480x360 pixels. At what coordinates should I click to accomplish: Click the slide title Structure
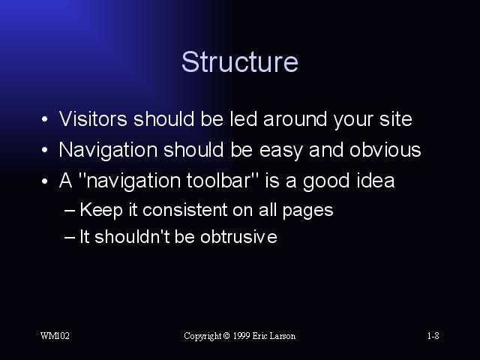[x=240, y=61]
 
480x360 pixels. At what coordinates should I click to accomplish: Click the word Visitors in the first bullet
[x=93, y=118]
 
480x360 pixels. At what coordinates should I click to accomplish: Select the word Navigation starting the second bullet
[x=108, y=151]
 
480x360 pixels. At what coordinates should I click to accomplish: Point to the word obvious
[x=385, y=150]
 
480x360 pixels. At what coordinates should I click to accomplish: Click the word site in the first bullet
[x=396, y=118]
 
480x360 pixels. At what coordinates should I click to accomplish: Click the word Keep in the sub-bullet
[x=101, y=211]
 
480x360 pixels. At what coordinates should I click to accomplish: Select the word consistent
[x=185, y=210]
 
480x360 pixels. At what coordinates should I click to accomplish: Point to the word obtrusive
[x=238, y=237]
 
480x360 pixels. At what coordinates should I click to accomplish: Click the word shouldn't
[x=132, y=237]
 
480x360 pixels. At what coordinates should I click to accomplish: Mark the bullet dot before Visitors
[x=45, y=119]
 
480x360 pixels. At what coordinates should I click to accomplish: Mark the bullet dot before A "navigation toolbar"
[x=45, y=181]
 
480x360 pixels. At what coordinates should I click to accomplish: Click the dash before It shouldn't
[x=70, y=238]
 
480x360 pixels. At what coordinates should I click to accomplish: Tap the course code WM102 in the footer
[x=55, y=336]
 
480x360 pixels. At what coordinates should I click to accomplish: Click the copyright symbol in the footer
[x=226, y=336]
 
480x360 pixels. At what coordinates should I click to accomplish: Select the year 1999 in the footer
[x=241, y=336]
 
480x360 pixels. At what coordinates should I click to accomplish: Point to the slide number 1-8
[x=433, y=336]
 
